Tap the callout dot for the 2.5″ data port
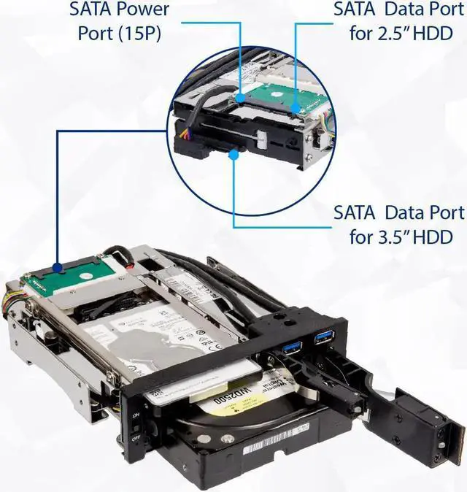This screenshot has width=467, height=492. point(295,110)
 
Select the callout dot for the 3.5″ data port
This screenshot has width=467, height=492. point(233,153)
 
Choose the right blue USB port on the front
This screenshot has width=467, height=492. point(321,339)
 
